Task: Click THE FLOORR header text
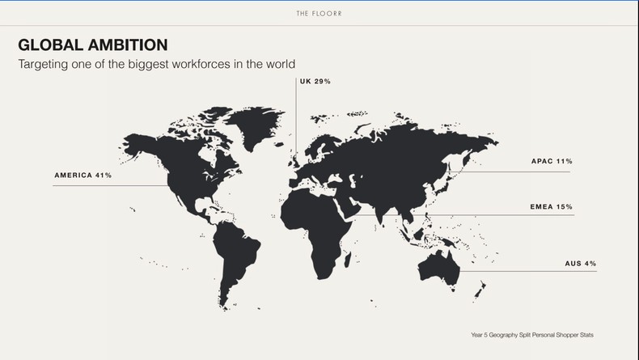tap(319, 14)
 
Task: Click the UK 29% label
tap(315, 82)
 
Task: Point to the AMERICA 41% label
tap(83, 175)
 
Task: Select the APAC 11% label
tap(552, 162)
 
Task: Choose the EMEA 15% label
tap(552, 207)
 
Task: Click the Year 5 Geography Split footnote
tap(537, 334)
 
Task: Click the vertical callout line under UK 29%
tap(295, 121)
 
